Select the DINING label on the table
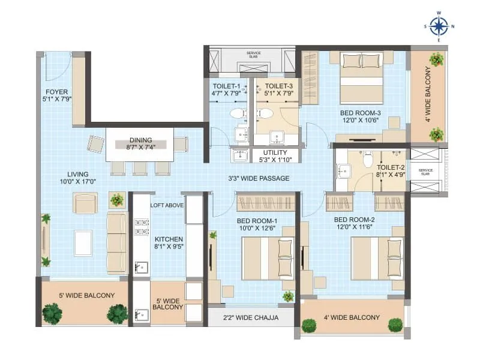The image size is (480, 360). click(140, 140)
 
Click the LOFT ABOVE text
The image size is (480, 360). click(167, 205)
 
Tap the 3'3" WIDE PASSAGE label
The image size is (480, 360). click(259, 178)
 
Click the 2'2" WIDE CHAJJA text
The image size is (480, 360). click(250, 317)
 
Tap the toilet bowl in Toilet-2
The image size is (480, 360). click(368, 158)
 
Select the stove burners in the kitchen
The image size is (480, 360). click(142, 227)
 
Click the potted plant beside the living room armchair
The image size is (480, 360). click(116, 200)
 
